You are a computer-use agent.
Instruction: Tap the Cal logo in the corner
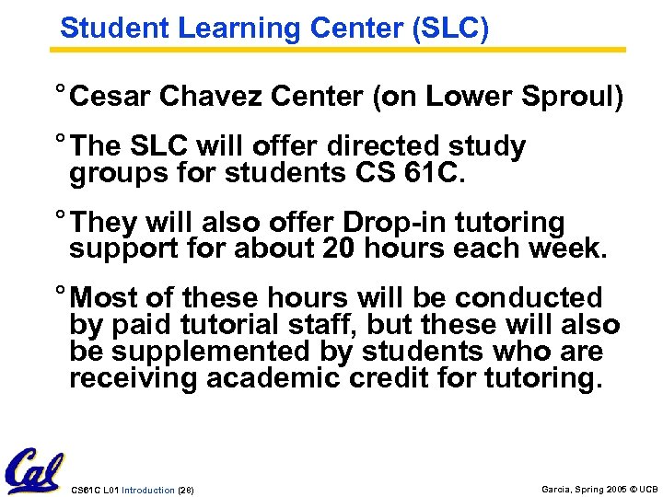coord(35,472)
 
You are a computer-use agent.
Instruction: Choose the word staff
coord(297,325)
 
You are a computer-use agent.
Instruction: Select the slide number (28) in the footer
coord(185,490)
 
